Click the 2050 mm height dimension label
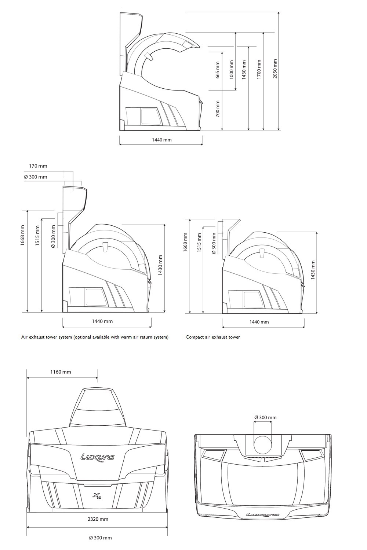(275, 69)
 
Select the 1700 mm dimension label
(259, 69)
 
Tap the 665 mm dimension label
(217, 70)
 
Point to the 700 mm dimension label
(217, 109)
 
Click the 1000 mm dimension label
(231, 70)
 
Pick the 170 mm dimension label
(38, 166)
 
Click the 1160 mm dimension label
(61, 372)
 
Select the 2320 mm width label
(98, 519)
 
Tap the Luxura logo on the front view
(97, 457)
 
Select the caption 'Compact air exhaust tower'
(213, 337)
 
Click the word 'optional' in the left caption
(83, 337)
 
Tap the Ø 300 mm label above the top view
(265, 417)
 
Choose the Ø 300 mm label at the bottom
(100, 545)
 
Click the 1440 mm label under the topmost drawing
(162, 140)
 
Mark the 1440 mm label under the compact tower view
(259, 322)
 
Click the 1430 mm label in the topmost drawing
(244, 70)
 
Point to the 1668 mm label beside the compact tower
(185, 242)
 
